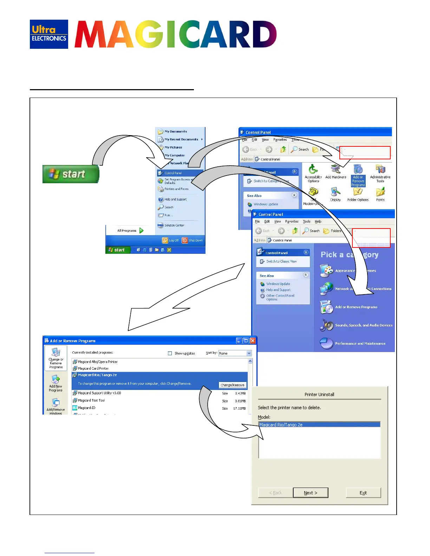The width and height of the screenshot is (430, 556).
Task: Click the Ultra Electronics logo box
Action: coord(49,34)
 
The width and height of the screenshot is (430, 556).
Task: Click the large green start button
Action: coord(71,174)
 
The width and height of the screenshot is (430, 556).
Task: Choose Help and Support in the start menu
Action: coord(175,199)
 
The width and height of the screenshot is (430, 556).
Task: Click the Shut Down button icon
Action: coord(185,240)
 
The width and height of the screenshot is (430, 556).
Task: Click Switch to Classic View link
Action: coord(281,262)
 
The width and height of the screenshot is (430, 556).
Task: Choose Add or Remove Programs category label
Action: coord(356,307)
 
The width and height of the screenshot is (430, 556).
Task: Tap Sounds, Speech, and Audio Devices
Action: coord(364,325)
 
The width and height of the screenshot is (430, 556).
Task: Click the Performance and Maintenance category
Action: coord(360,344)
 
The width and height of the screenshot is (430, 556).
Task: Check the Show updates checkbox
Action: coord(170,353)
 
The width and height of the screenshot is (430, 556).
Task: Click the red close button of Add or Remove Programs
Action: coord(253,340)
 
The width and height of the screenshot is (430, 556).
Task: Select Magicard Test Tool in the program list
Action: coord(91,401)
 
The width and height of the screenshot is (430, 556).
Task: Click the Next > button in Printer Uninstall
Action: coord(311,493)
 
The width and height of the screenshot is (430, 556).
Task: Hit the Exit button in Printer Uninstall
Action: coord(363,493)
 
